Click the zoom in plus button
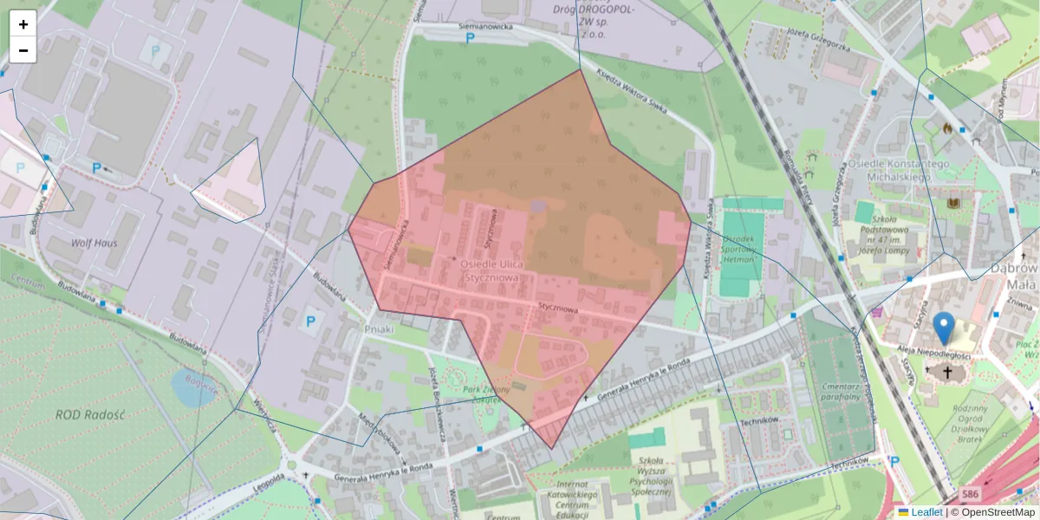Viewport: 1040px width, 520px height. tap(23, 23)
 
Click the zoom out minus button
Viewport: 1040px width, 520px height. tap(23, 50)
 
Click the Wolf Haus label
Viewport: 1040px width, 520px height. tap(94, 244)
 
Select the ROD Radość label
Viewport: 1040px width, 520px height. tap(90, 414)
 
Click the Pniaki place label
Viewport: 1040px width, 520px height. tap(380, 329)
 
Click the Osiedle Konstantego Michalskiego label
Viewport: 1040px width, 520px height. tap(899, 170)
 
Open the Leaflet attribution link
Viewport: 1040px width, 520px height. tap(926, 512)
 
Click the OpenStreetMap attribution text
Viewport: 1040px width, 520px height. tap(998, 512)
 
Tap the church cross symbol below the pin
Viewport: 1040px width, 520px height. tap(947, 373)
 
